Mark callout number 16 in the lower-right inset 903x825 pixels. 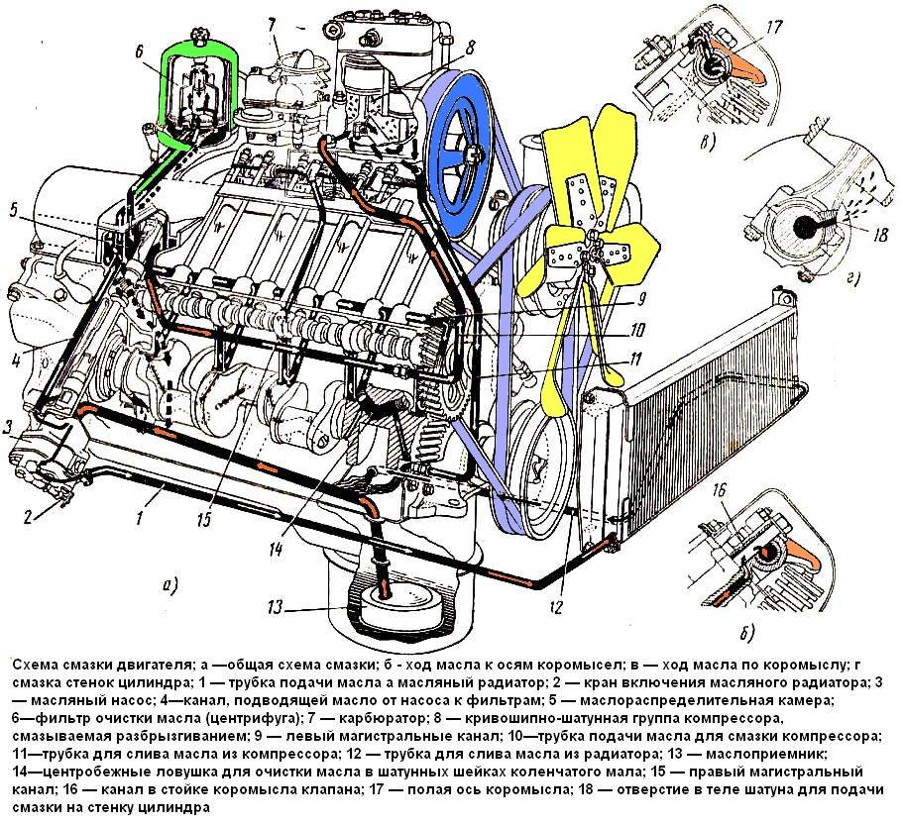[x=719, y=489]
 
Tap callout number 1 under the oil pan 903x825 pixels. [x=141, y=516]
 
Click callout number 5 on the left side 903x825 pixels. [x=15, y=209]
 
